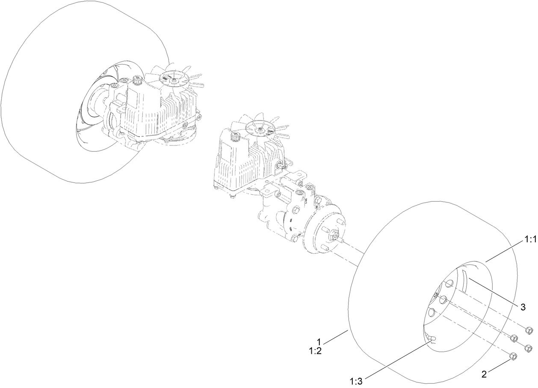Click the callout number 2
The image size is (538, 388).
click(484, 375)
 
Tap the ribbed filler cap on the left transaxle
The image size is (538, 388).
click(138, 80)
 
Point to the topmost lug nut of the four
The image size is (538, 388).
click(528, 330)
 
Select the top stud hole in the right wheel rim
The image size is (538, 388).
click(449, 284)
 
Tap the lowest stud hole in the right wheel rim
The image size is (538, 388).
click(432, 313)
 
